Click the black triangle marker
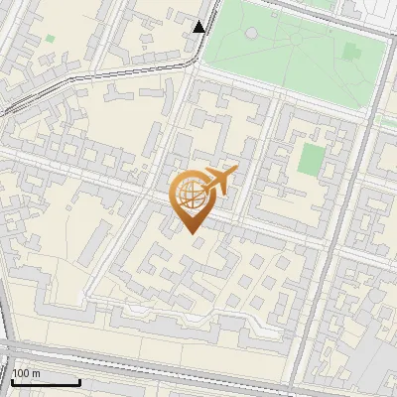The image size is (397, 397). pos(199,27)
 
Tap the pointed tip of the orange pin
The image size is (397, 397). pos(190,232)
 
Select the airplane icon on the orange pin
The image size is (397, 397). pos(219,181)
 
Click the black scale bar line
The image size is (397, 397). pos(46,382)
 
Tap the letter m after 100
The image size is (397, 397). pos(37,373)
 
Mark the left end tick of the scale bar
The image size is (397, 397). pos(12,380)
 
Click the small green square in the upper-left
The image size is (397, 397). pos(50,39)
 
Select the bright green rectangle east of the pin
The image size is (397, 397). pos(313,158)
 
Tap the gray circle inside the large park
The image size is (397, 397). pos(251,33)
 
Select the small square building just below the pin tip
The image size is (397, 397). pos(196,244)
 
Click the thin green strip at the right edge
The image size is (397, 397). pos(387,120)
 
